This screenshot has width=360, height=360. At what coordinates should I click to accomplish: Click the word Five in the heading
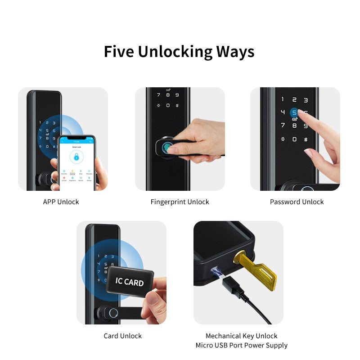point(119,51)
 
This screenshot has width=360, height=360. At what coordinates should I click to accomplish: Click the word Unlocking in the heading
point(175,52)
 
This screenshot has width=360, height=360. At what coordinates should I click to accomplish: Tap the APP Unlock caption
point(61,202)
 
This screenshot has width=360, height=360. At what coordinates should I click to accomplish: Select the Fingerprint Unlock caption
point(180,202)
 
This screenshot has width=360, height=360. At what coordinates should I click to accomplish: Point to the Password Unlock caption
point(297,202)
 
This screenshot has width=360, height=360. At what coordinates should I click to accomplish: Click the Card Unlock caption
point(122,336)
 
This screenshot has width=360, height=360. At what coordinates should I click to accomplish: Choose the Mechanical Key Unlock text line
point(241,336)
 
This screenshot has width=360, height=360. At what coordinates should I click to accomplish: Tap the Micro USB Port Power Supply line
point(241,345)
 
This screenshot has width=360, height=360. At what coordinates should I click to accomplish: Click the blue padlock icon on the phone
point(77,157)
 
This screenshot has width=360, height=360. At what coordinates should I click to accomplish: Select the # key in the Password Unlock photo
point(306,139)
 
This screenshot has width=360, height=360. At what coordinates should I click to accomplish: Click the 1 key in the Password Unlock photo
point(283,99)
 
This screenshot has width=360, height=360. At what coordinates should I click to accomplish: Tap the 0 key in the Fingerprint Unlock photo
point(167,105)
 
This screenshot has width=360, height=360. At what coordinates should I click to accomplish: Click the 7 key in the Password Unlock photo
point(283,126)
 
